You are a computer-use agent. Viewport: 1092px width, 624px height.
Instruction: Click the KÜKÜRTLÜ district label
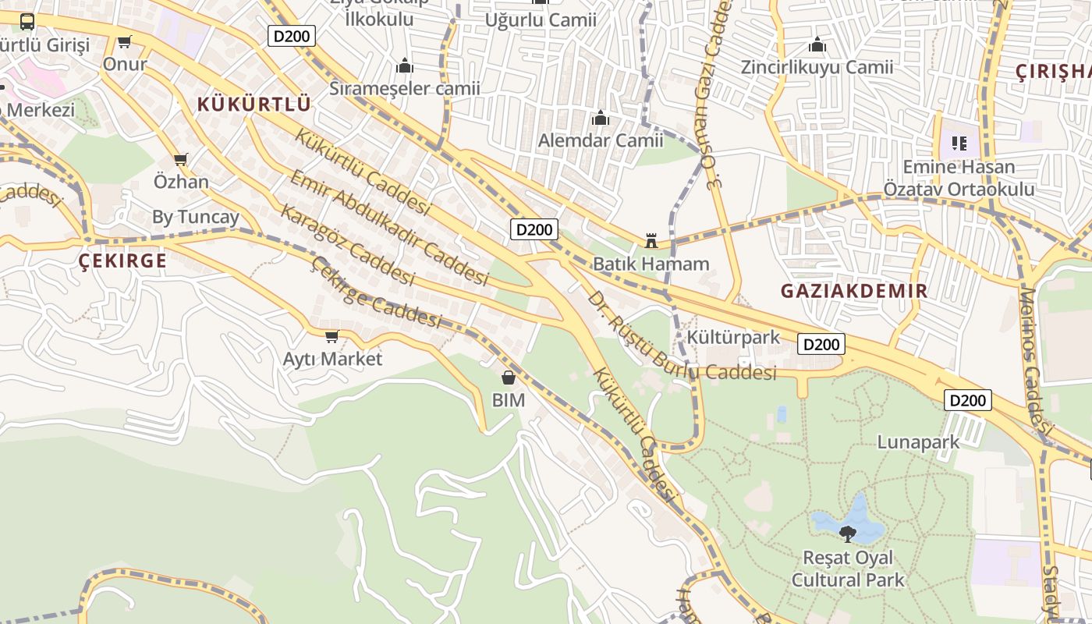pos(253,104)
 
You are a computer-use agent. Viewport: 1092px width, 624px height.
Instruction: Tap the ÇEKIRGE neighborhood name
pos(123,261)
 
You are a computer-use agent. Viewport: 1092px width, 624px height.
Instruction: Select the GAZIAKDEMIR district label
pos(854,291)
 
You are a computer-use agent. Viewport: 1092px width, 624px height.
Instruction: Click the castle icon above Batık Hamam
pos(651,240)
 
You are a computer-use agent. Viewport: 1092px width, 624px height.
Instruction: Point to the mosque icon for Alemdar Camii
pos(600,118)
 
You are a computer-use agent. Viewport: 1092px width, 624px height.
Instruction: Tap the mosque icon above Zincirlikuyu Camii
pos(817,44)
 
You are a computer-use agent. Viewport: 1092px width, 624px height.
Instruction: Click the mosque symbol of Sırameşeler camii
pos(404,66)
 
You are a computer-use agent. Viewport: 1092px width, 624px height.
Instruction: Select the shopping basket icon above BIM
pos(509,378)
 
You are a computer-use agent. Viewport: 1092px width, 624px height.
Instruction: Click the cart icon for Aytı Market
pos(331,336)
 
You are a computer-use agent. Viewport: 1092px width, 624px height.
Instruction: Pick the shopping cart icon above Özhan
pos(181,159)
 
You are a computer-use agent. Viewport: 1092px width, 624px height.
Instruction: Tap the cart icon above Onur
pos(124,41)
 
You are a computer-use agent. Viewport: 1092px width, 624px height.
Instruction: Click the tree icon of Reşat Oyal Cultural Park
pos(847,534)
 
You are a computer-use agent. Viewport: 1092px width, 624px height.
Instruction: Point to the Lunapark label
pos(918,442)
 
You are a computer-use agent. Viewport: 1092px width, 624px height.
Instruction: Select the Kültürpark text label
pos(733,337)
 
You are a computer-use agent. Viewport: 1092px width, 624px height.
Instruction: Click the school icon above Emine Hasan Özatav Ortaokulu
pos(959,144)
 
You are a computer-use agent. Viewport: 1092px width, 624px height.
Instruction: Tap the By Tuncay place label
pos(195,217)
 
